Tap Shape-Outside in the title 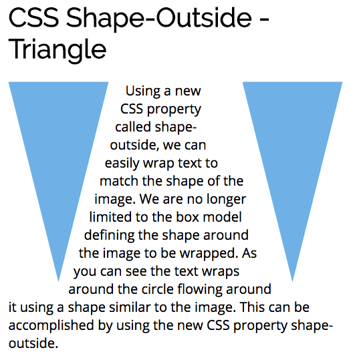(158, 19)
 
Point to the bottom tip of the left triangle (58, 281)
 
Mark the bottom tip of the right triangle (292, 281)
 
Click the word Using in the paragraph (143, 92)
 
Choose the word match (119, 181)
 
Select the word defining (109, 236)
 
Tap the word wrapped (209, 254)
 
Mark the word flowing (200, 290)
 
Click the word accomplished (51, 325)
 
